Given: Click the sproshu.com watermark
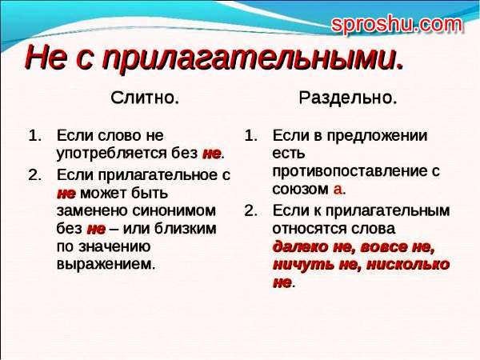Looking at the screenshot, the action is point(397,25).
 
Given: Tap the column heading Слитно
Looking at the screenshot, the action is point(145,98).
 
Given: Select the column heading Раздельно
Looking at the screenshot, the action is point(348,98).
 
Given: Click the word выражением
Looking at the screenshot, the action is point(106,264).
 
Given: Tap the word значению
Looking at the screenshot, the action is point(114,246).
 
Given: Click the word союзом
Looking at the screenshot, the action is point(300,189).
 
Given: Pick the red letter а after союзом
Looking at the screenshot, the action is point(338,190).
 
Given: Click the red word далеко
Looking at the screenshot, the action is point(300,247).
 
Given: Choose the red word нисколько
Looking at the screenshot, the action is point(407,264).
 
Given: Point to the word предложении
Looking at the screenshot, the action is point(377,136).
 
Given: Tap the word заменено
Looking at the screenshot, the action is point(92,211).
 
